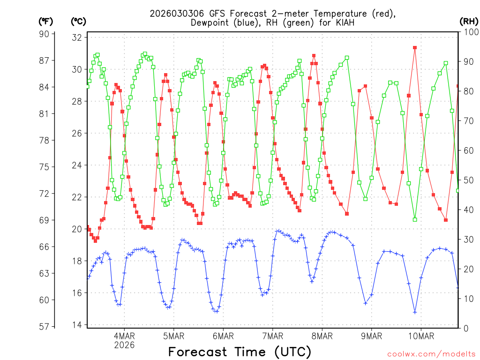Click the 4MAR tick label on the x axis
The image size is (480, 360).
tap(124, 336)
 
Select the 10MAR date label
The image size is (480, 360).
tap(421, 336)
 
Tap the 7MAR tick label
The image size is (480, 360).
tap(272, 336)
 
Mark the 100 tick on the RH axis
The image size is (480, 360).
tap(469, 32)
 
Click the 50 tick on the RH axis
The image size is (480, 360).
tap(467, 180)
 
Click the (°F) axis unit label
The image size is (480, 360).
tap(45, 21)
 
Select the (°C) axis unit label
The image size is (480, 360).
tap(78, 21)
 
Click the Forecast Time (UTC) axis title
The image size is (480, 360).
tap(240, 352)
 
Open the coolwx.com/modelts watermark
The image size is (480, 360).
tap(431, 354)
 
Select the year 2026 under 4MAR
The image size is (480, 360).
tap(124, 345)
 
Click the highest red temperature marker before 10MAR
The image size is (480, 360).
tap(415, 48)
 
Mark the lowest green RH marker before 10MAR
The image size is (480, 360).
tap(415, 219)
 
